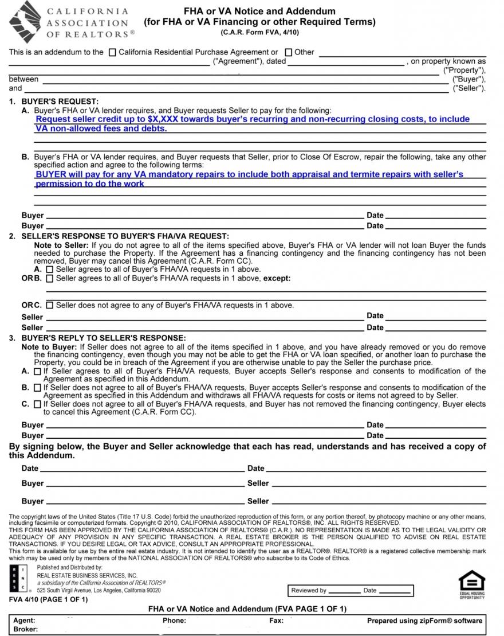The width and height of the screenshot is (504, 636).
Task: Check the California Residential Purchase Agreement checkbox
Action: point(112,52)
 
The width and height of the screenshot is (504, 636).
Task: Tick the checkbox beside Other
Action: point(289,52)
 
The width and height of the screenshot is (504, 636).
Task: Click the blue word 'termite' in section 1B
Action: point(360,174)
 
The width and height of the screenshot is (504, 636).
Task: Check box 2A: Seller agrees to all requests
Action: point(50,269)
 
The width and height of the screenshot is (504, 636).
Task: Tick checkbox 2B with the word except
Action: point(50,279)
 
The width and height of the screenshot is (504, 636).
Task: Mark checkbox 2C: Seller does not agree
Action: point(50,305)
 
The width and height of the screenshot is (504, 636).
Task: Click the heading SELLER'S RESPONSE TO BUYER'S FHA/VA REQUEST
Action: point(125,236)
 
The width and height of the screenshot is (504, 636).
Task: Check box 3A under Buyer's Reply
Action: point(37,372)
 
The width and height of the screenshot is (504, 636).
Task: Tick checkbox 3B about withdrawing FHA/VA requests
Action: point(37,388)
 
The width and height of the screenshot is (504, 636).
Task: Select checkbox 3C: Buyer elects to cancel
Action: point(37,404)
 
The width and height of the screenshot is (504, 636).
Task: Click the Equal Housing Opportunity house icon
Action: point(472,581)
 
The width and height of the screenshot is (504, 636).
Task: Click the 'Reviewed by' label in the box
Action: point(309,590)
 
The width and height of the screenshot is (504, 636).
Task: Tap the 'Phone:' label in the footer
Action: point(174,621)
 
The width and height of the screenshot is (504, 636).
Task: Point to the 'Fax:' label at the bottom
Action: point(276,621)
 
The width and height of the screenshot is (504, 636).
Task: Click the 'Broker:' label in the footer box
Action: point(26,629)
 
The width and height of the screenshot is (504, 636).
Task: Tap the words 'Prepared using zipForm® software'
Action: point(424,621)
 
